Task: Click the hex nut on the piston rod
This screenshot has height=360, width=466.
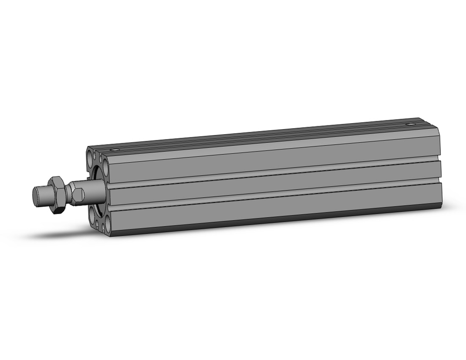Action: pos(57,194)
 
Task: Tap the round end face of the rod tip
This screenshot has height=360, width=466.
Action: pos(35,194)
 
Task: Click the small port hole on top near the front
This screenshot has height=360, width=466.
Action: pos(114,150)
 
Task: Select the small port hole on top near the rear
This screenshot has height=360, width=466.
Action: pos(411,125)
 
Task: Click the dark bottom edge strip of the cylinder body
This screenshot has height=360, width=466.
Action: pos(280,221)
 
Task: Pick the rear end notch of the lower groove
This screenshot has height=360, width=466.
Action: pos(438,181)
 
